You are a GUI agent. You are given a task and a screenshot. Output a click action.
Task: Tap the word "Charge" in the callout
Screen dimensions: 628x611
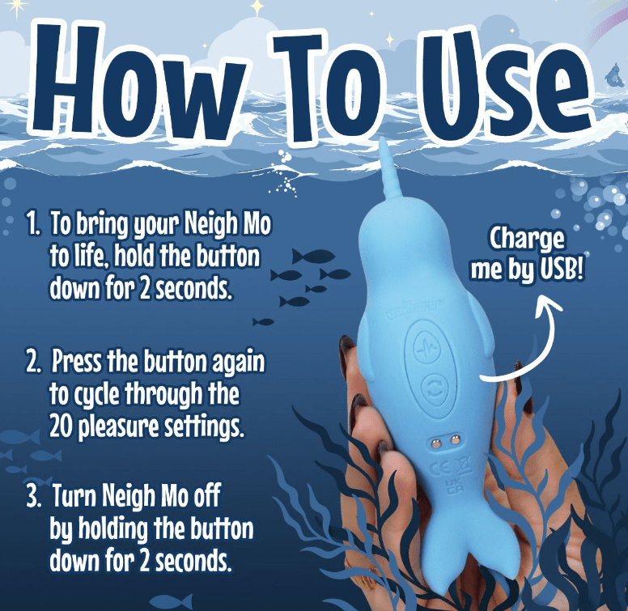point(527,239)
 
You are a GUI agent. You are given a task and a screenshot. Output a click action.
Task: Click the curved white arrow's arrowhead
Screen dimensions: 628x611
point(548,303)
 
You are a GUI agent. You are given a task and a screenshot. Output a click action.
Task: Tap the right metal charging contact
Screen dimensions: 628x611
point(455,440)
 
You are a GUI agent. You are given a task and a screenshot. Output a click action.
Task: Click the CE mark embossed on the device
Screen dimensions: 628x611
point(438,468)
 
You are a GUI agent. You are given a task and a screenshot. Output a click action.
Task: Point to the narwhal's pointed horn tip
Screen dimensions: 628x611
point(384,138)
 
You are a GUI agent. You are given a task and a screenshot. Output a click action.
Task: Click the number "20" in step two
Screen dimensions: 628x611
point(62,427)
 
